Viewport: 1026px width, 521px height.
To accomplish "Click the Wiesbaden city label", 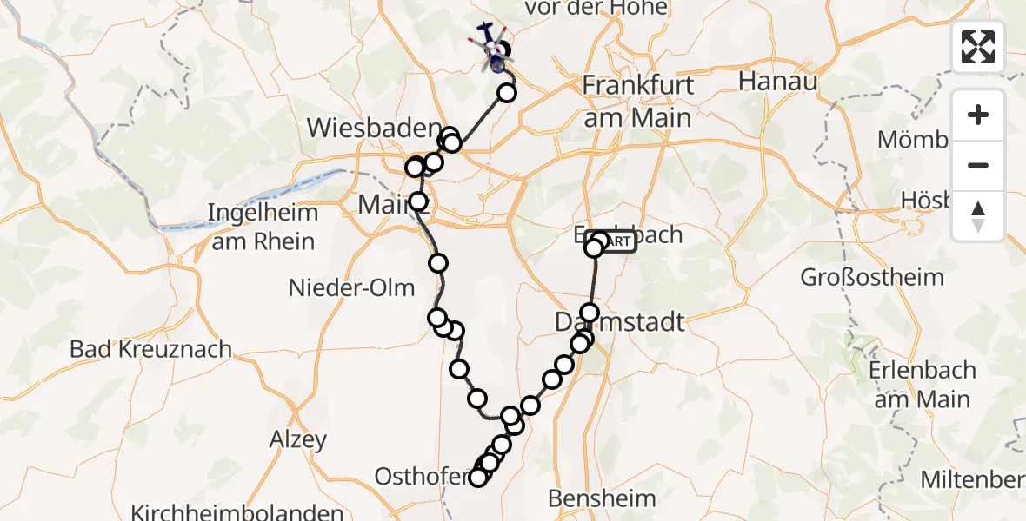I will pos(373,129).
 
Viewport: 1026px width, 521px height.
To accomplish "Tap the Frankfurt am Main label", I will pos(638,101).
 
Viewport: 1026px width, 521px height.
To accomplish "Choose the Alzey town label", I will pos(298,439).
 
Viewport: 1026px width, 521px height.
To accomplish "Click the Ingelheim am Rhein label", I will pos(263,227).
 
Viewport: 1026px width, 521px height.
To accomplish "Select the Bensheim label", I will pos(602,498).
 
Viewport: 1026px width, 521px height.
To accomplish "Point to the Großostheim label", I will pos(872,278).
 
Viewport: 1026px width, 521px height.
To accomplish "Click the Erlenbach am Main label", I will pos(922,385).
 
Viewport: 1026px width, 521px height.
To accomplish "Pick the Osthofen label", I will pos(423,476).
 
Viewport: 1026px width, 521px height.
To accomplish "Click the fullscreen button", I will pos(978,46).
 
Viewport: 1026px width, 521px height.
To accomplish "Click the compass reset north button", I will pos(978,216).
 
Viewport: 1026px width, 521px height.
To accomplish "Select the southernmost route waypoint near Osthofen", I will pos(477,477).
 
